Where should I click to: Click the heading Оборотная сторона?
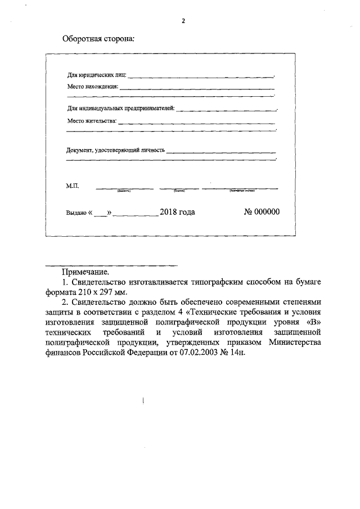98,40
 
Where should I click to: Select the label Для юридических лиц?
96,75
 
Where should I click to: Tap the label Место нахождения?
92,87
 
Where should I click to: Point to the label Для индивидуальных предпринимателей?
120,107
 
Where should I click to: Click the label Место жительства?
92,120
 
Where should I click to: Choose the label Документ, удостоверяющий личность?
115,150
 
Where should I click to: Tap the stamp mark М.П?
74,185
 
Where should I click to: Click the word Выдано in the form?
76,213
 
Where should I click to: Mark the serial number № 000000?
261,212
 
